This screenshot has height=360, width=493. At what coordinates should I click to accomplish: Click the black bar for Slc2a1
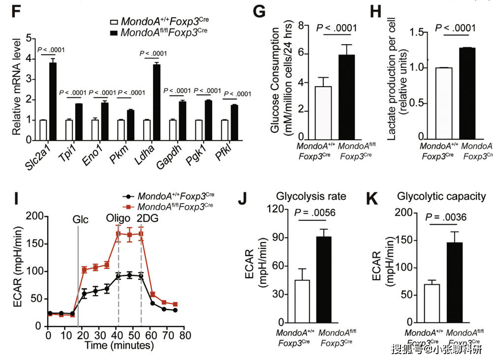(52, 102)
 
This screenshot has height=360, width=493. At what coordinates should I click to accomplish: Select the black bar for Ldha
(156, 103)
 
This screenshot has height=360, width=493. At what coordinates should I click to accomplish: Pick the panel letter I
(17, 199)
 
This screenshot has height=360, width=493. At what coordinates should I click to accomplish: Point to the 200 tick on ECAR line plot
(35, 216)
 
